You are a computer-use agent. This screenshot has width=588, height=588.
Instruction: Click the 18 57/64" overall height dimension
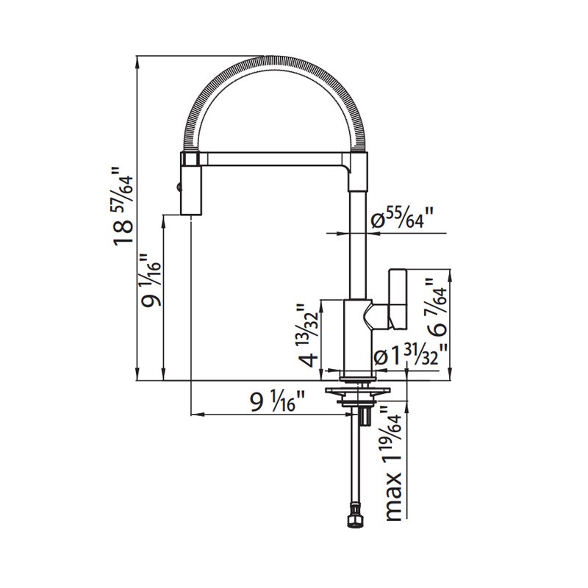[x=123, y=207]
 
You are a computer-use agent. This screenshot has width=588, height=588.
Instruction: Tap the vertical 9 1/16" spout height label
[x=151, y=280]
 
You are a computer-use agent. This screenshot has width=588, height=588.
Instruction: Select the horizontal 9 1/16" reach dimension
[x=278, y=401]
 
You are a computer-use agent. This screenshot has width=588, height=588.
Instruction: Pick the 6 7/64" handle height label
[x=437, y=307]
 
